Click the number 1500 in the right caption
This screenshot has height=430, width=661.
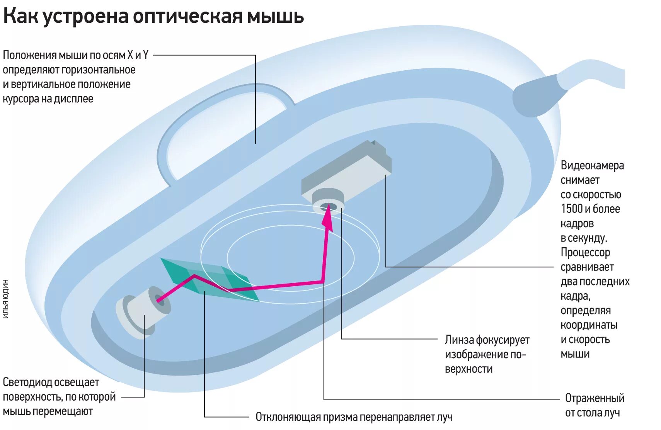[572, 209]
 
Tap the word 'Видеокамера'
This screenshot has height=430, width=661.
[592, 166]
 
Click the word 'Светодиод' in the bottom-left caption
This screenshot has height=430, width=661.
[27, 382]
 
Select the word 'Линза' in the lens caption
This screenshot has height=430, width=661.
[459, 340]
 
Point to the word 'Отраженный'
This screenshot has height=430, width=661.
[595, 398]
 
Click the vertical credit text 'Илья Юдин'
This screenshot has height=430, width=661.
[6, 299]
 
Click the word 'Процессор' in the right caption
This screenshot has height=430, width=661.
[585, 253]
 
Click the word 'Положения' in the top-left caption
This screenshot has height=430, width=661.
[29, 55]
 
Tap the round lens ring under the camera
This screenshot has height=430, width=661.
[328, 201]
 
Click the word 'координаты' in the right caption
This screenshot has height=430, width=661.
[589, 325]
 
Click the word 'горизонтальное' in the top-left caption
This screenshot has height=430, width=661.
[98, 70]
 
